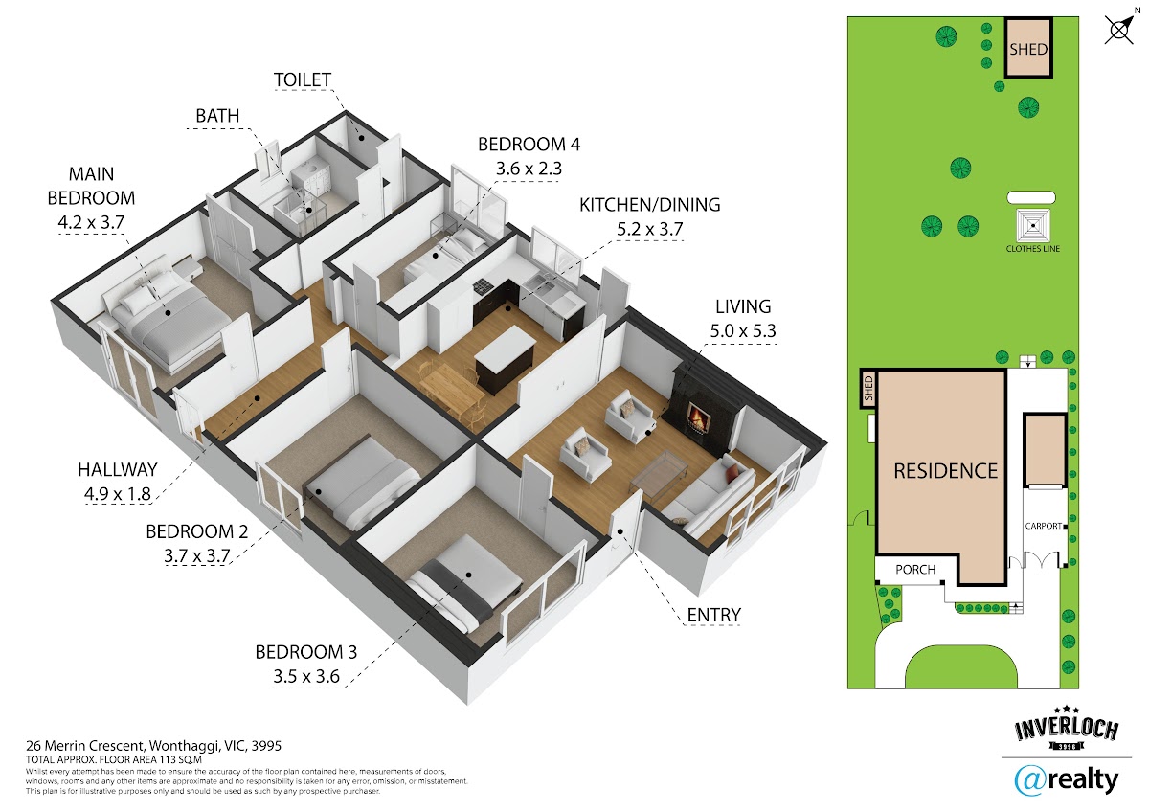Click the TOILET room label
click(x=303, y=79)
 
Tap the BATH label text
click(x=217, y=116)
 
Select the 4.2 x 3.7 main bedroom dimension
click(x=91, y=222)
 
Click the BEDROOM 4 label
click(x=529, y=145)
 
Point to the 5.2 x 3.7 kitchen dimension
click(x=649, y=229)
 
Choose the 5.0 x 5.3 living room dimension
click(x=743, y=331)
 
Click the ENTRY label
click(x=713, y=615)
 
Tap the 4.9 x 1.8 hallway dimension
click(x=118, y=493)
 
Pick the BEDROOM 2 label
click(x=197, y=531)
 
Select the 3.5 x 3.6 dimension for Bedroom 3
click(x=306, y=676)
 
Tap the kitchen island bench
click(x=505, y=359)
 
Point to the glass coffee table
click(x=659, y=475)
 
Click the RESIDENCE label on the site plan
click(x=945, y=470)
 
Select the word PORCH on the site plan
click(x=915, y=570)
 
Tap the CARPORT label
click(x=1043, y=526)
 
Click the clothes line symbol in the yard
click(x=1033, y=226)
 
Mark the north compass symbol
click(x=1120, y=29)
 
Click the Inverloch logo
click(x=1066, y=729)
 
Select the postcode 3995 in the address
click(x=266, y=745)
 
